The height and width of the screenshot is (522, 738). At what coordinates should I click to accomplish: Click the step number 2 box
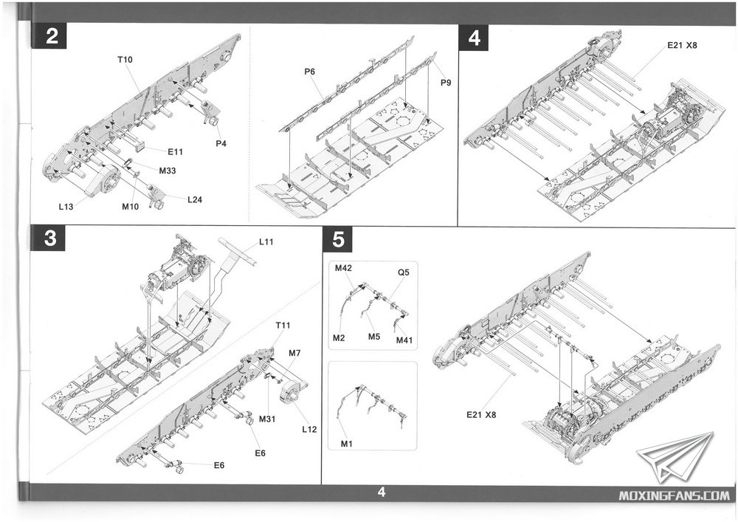click(x=52, y=38)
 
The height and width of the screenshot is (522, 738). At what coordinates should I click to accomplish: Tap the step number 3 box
click(x=52, y=241)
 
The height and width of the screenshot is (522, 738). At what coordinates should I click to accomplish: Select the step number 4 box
click(x=474, y=38)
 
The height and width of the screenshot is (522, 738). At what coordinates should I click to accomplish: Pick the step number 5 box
click(x=339, y=241)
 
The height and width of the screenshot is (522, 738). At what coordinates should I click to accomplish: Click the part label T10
click(x=124, y=59)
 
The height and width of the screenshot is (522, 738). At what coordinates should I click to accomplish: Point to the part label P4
click(x=221, y=142)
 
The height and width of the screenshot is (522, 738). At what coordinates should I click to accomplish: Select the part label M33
click(x=168, y=171)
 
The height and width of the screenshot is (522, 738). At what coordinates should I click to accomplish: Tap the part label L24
click(x=195, y=199)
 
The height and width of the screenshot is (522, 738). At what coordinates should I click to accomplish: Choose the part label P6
click(x=310, y=71)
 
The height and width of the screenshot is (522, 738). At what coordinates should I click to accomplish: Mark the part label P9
click(x=446, y=83)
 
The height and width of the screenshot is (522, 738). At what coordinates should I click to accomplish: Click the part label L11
click(x=266, y=242)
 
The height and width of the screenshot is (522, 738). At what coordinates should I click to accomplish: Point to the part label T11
click(x=283, y=326)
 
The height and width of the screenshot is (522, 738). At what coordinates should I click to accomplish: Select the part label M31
click(x=267, y=419)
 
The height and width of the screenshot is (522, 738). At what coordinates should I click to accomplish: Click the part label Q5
click(x=404, y=271)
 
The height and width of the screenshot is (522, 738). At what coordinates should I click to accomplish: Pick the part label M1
click(x=346, y=443)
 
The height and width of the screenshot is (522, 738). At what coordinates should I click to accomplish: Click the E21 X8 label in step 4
click(x=683, y=45)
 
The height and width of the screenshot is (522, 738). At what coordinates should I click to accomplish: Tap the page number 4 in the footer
click(x=381, y=492)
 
